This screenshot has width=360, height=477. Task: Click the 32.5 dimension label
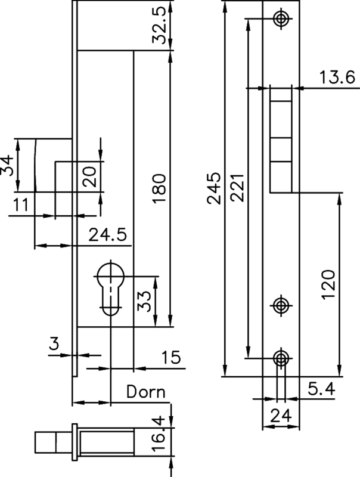[x=159, y=29]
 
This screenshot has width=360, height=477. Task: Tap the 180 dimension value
[x=159, y=189]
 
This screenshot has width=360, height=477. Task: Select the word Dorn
[x=145, y=392]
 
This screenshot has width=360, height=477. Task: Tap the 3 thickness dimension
[x=54, y=344]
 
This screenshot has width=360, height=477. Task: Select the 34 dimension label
[x=8, y=165]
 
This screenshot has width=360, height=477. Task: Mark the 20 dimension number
[x=89, y=176]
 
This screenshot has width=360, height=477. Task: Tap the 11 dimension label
[x=21, y=206]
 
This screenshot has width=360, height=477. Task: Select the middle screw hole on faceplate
[x=281, y=305]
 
